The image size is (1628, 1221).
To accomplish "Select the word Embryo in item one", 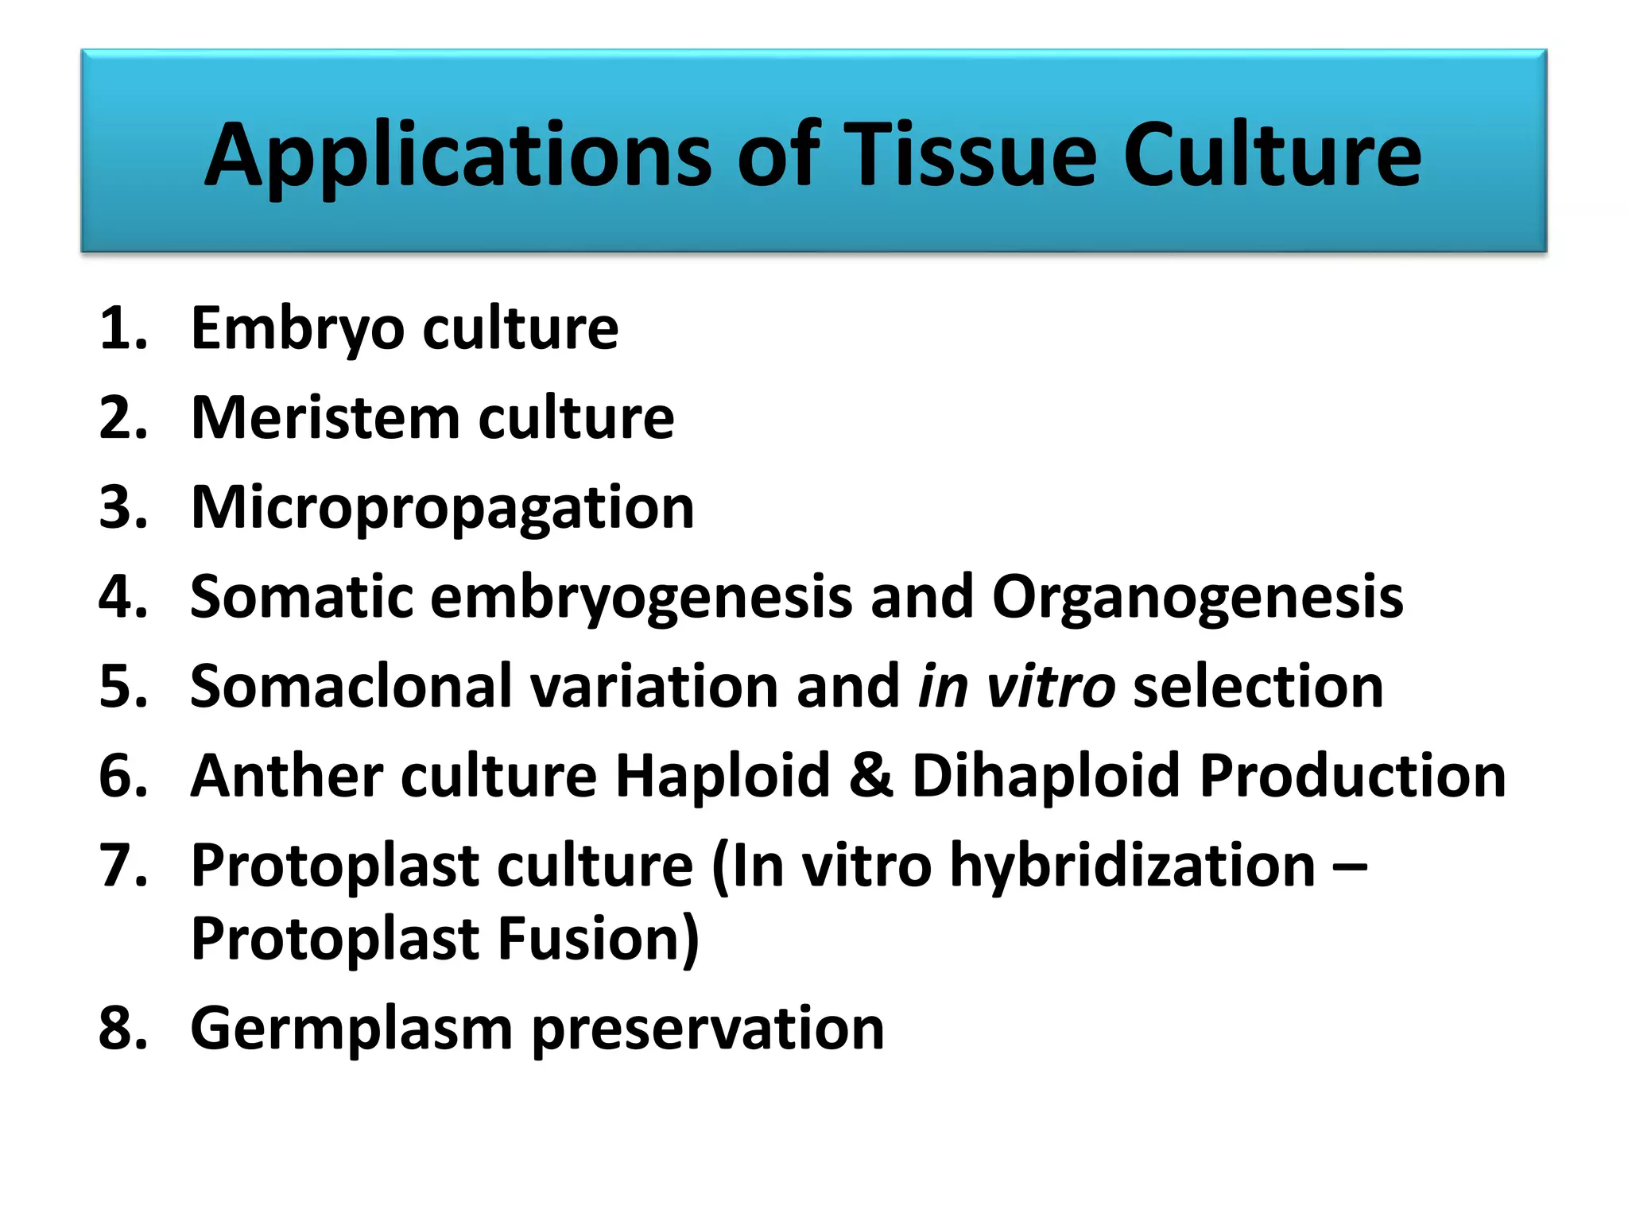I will (298, 329).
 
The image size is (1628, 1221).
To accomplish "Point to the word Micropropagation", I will (443, 509).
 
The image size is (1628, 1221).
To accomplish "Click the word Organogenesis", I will (1197, 598).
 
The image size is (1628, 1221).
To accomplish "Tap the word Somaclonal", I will (351, 687).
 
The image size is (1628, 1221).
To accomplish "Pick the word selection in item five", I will (1258, 687).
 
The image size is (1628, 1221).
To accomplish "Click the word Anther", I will (287, 776).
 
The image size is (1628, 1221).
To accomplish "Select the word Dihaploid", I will (1046, 776).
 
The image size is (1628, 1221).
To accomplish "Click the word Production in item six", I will (1352, 776).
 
